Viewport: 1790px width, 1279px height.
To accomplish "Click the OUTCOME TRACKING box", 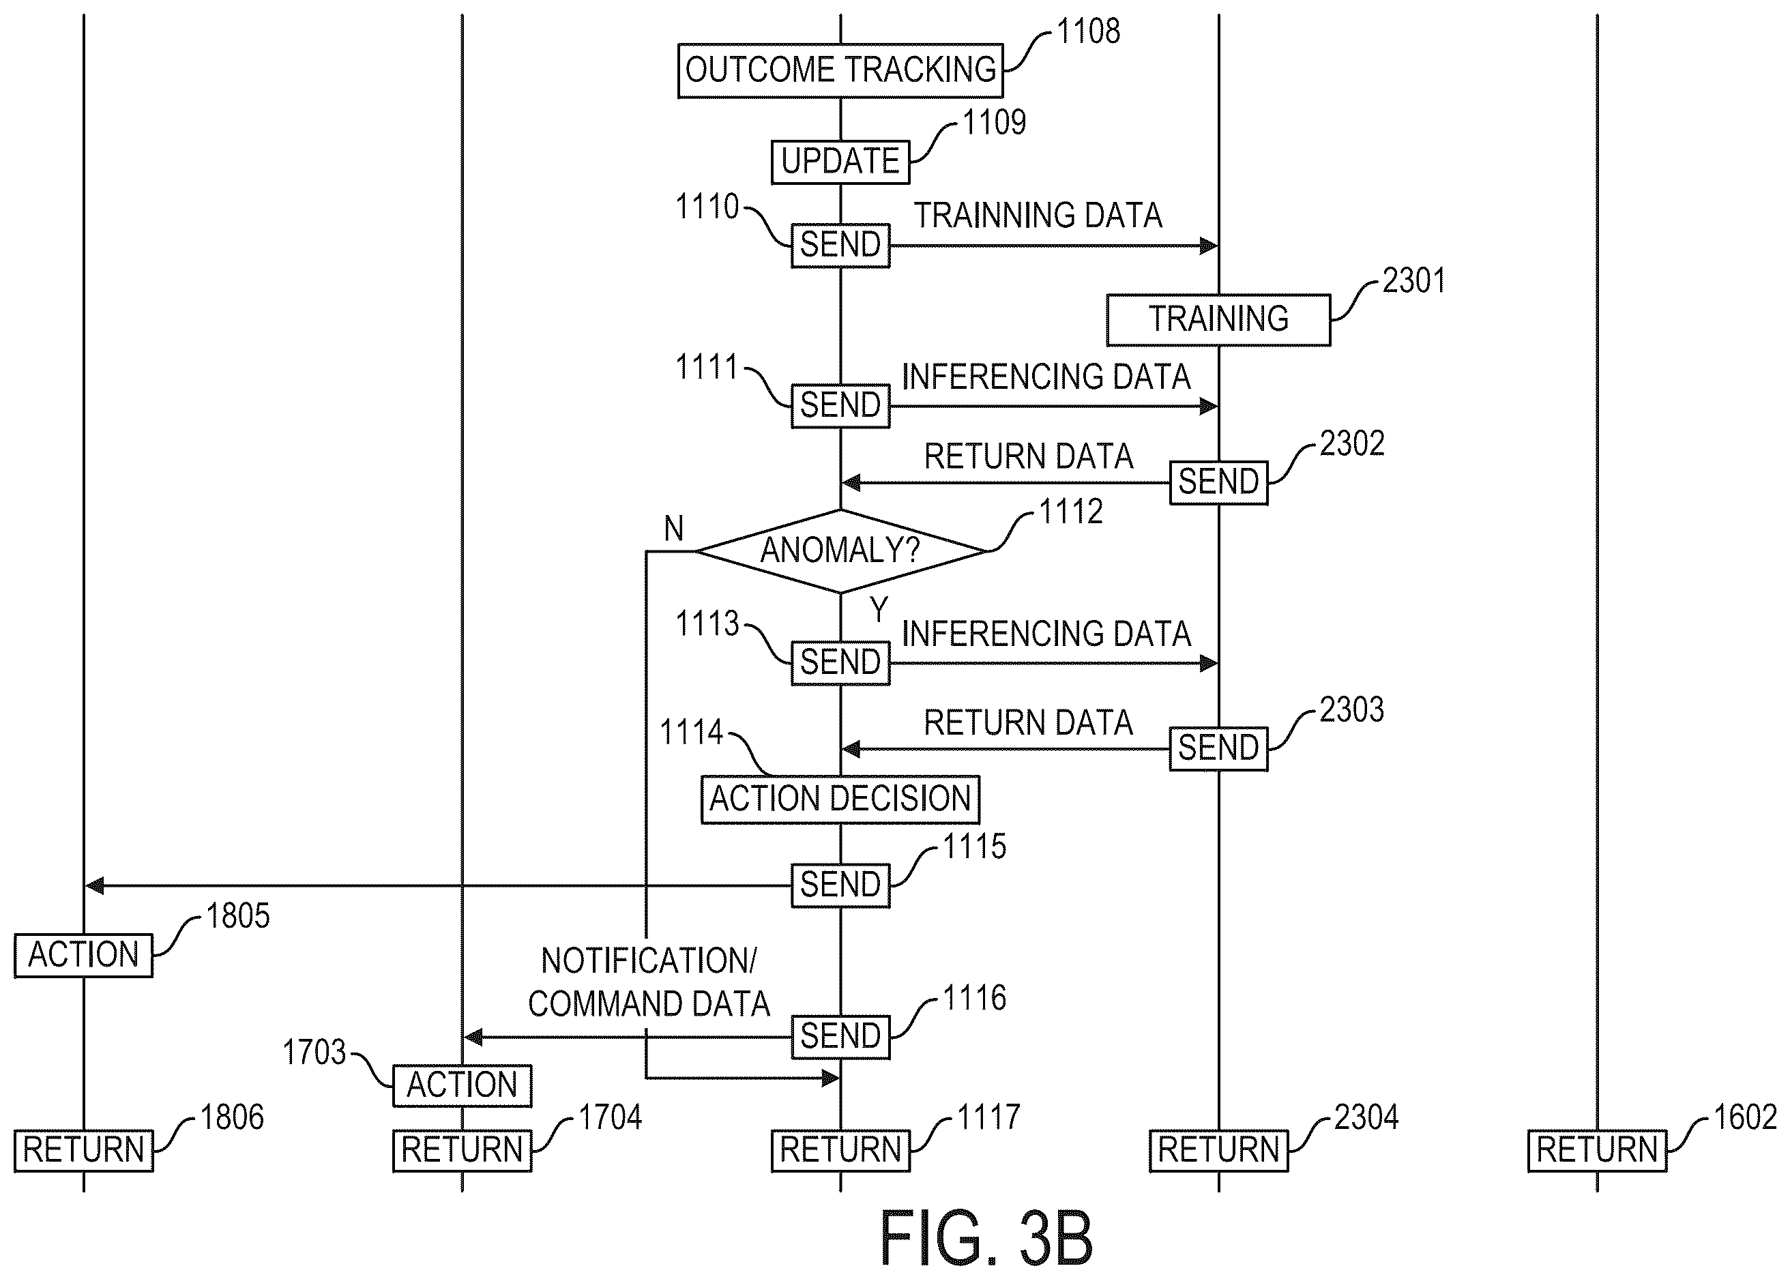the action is [x=840, y=70].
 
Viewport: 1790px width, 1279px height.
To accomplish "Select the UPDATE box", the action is [x=840, y=162].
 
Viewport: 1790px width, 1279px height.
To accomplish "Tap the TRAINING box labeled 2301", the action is [x=1218, y=320].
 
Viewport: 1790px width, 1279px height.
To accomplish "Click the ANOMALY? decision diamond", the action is [x=840, y=550].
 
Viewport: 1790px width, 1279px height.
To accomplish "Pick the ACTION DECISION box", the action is [x=840, y=799].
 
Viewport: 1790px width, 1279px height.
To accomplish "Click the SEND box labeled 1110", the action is [x=840, y=245].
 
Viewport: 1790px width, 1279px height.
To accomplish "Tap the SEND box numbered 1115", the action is [x=840, y=885].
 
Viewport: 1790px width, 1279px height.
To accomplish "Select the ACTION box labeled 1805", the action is [x=83, y=955].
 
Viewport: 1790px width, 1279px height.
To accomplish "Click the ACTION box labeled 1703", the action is [x=463, y=1085].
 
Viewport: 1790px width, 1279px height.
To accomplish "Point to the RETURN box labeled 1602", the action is [x=1597, y=1150].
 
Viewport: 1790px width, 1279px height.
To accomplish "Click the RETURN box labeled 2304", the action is [x=1218, y=1150].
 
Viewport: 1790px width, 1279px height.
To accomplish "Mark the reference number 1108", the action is [x=1087, y=31].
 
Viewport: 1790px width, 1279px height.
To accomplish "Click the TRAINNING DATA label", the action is [x=1038, y=216].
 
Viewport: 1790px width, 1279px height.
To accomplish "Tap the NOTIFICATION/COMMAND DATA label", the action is [x=649, y=982].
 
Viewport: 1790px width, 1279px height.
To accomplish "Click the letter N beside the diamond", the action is [x=673, y=529].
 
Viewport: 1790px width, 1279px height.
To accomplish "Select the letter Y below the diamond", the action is [x=879, y=610].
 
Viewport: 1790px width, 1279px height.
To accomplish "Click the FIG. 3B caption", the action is [x=986, y=1239].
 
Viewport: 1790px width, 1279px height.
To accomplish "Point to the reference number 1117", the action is [x=988, y=1117].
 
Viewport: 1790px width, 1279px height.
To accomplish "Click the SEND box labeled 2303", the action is [x=1218, y=748].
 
